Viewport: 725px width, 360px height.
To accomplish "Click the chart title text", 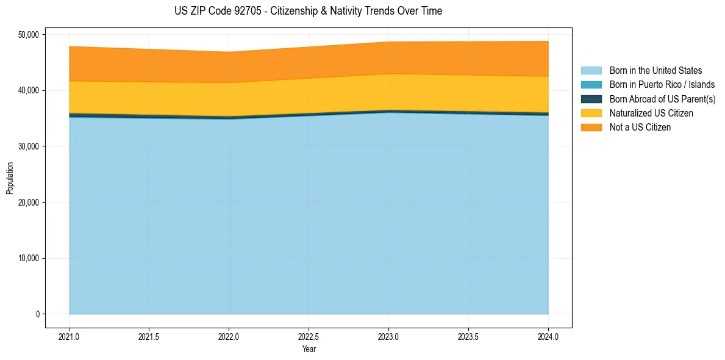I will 308,11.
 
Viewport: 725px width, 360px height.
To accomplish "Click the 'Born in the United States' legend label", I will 655,71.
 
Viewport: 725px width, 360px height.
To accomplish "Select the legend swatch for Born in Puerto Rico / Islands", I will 591,85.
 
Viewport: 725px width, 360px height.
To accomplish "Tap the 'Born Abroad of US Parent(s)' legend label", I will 662,99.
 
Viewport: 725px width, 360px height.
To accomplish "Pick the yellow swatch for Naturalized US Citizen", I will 591,113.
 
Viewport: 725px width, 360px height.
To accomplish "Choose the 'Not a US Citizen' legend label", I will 640,128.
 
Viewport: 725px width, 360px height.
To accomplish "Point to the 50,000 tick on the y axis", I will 27,34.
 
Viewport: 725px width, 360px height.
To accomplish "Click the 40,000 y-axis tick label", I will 27,90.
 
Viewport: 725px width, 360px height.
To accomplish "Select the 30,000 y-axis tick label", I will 27,146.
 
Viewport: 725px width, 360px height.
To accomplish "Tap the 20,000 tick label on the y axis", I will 27,203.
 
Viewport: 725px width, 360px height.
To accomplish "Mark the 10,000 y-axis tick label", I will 27,258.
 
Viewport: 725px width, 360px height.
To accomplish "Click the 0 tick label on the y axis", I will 37,314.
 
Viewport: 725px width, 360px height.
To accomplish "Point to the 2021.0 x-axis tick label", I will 70,336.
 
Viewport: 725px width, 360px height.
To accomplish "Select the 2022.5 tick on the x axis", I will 309,336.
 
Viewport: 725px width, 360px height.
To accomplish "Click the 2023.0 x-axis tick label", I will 388,336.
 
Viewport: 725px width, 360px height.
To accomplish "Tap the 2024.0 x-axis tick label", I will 548,336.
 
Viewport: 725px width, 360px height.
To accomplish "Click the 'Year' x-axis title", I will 309,349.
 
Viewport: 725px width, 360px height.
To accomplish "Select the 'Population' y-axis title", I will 10,178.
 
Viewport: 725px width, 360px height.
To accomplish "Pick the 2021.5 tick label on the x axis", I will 149,336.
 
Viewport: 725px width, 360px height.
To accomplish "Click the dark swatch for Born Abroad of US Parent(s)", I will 591,99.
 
